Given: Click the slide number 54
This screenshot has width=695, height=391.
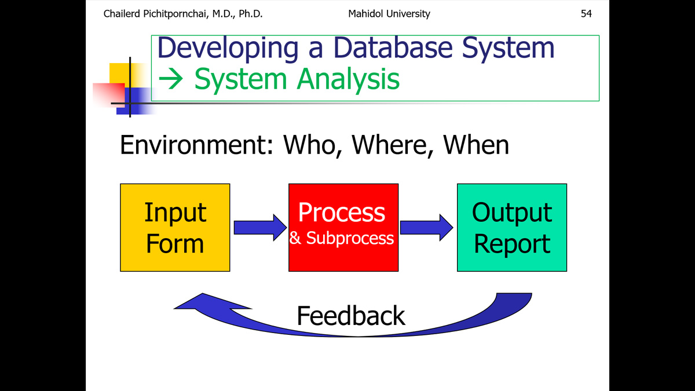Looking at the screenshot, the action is click(x=586, y=14).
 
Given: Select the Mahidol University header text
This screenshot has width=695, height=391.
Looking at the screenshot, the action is click(x=389, y=14).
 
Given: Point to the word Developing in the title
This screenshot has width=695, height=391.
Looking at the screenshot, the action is click(x=228, y=49).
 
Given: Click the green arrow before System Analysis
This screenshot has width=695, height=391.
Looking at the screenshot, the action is click(x=171, y=79).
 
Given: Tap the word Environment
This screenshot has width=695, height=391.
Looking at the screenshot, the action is click(x=197, y=145).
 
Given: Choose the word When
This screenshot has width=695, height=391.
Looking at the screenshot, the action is click(x=476, y=145).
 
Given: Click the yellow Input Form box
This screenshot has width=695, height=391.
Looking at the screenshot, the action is click(x=175, y=228).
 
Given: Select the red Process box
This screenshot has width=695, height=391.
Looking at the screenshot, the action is click(x=343, y=228).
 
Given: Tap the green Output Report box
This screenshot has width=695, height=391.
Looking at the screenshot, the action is click(x=512, y=228).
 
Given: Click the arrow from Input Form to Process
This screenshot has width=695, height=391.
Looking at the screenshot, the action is click(x=260, y=228).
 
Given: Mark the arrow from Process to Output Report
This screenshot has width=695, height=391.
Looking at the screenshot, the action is click(x=427, y=228).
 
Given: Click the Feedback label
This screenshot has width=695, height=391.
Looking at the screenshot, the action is click(x=351, y=316).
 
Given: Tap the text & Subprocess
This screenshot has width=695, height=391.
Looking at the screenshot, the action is click(x=341, y=238).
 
